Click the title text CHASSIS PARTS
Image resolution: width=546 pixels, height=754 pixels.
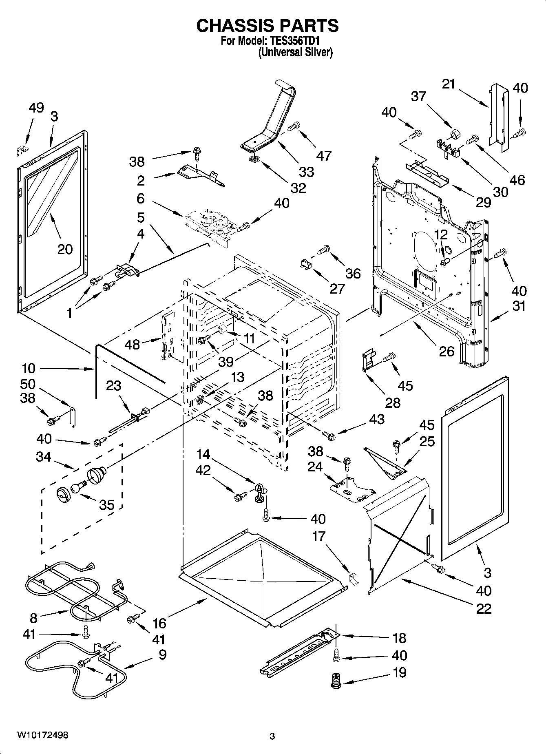(x=267, y=25)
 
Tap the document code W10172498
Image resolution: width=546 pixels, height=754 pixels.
(x=42, y=735)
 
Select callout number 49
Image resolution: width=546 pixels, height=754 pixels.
(x=36, y=108)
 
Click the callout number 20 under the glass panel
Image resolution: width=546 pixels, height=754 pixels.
(x=65, y=249)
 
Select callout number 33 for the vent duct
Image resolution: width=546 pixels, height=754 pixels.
(x=306, y=172)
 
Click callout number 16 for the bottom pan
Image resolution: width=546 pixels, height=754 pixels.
(x=159, y=623)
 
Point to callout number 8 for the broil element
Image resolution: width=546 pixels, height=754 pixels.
(x=33, y=618)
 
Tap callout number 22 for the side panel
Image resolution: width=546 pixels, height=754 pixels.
(x=484, y=608)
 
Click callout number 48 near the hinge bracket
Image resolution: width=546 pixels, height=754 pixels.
(x=132, y=345)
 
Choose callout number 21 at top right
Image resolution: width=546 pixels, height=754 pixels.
(x=449, y=84)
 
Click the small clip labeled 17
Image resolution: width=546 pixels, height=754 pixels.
(x=352, y=578)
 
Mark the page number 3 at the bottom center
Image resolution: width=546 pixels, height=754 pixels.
(x=272, y=736)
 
